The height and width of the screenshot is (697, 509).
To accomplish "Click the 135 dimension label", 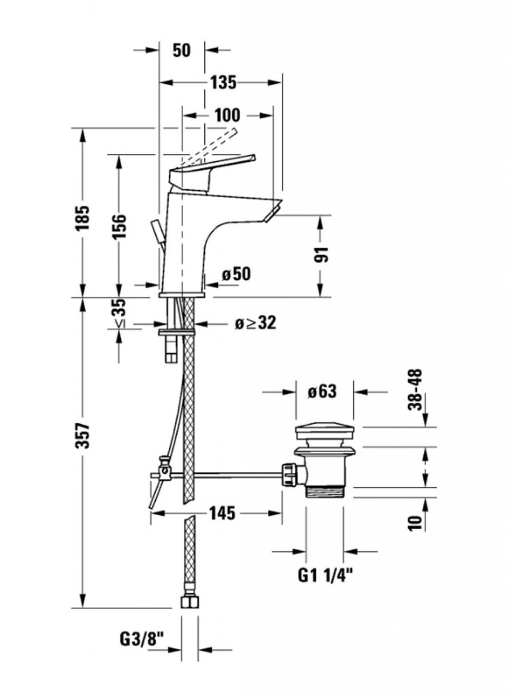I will point(222,82).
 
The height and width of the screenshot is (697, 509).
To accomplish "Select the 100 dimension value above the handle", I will point(227,115).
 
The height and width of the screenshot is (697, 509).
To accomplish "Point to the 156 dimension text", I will point(118,227).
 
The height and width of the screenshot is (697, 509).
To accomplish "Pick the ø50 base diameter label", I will point(236,274).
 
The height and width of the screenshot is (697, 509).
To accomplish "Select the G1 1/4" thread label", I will point(325,575).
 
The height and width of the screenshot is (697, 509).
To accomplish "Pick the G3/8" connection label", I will point(144,641).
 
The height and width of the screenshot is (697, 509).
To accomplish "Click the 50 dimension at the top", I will point(180,50).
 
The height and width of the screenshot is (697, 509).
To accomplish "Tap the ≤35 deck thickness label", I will point(118,312).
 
